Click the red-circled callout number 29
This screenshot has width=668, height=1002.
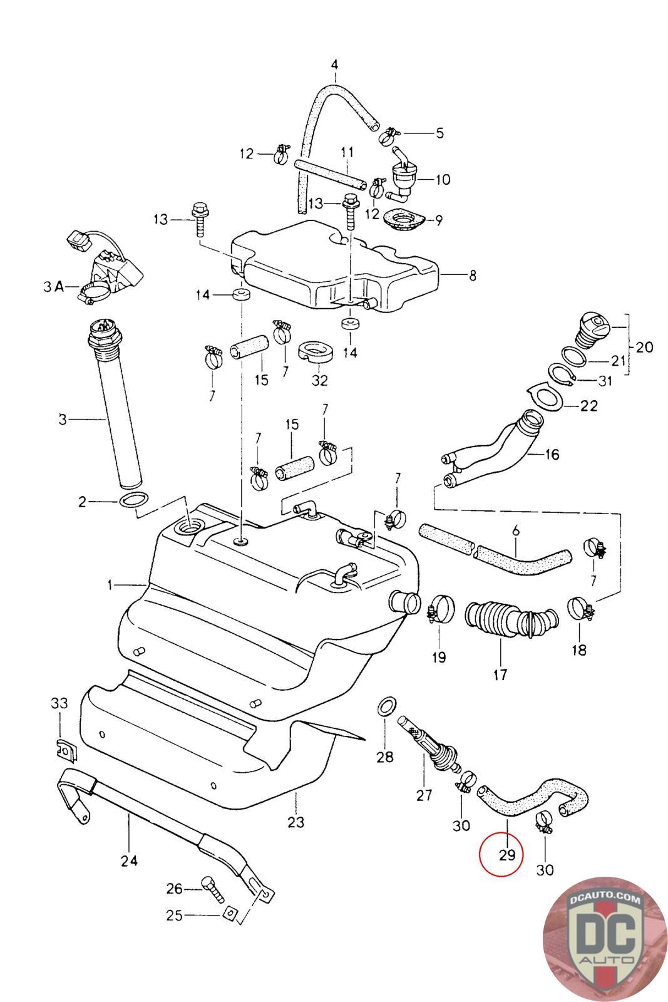point(507,855)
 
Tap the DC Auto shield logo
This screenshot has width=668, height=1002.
point(605,940)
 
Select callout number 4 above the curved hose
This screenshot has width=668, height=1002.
point(334,65)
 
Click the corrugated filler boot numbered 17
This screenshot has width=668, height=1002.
point(511,619)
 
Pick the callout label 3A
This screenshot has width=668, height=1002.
point(54,287)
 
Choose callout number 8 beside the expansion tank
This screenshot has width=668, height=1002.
point(473,276)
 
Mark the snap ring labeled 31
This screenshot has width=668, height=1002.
point(561,374)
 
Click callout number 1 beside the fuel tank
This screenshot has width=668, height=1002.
point(110,585)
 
